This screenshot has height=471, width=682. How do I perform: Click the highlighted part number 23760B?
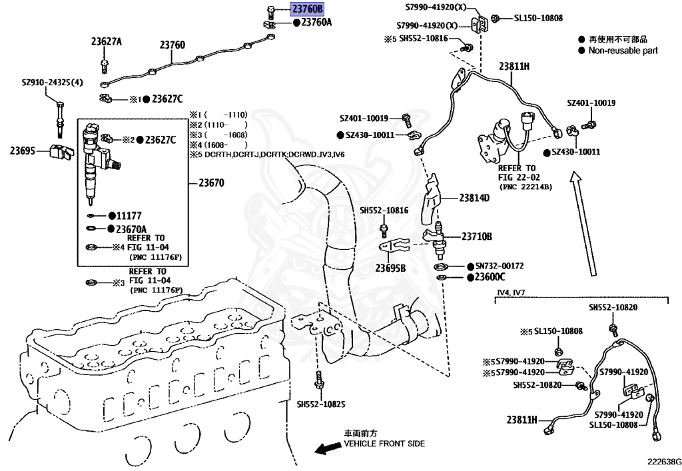click(307, 9)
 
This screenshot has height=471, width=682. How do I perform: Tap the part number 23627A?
click(107, 41)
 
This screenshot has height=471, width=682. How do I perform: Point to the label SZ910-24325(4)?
click(53, 83)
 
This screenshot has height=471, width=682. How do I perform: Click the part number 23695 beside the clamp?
click(22, 151)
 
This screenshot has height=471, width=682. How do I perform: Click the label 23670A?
click(131, 229)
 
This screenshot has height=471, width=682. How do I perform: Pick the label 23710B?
click(477, 236)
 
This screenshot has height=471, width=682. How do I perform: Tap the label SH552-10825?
click(322, 404)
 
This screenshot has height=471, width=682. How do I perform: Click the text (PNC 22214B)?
click(525, 187)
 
